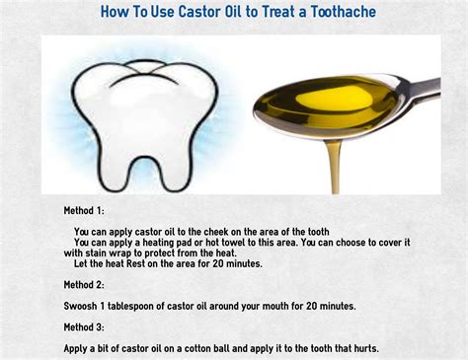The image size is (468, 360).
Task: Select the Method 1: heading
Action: [x=90, y=210]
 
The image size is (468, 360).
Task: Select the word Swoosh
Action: [x=84, y=307]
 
